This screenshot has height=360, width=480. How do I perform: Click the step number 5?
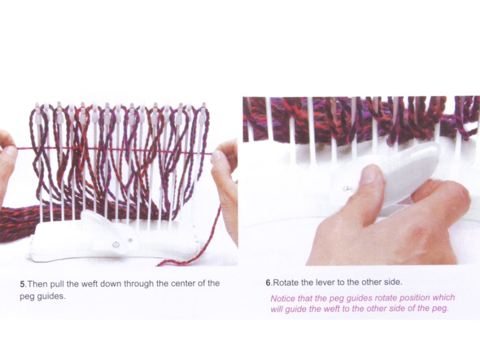coord(22,284)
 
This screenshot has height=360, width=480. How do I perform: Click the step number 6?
coord(268,283)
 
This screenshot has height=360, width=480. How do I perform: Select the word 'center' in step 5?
coord(183,284)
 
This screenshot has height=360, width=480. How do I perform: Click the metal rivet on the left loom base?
coord(116,244)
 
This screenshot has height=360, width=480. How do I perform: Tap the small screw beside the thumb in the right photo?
coord(347,189)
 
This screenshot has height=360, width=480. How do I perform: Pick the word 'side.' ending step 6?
coord(393,282)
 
